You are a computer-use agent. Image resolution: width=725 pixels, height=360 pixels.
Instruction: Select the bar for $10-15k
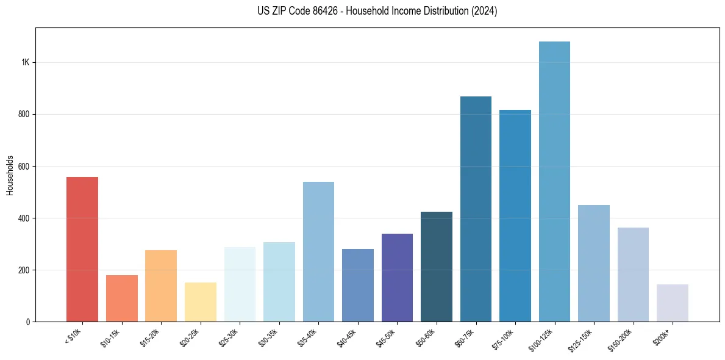(x=121, y=298)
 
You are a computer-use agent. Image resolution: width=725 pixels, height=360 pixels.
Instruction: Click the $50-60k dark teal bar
(x=436, y=267)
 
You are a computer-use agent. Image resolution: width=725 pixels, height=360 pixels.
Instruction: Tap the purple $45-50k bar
(x=397, y=278)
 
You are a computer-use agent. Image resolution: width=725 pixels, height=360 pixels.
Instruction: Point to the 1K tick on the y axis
(x=25, y=63)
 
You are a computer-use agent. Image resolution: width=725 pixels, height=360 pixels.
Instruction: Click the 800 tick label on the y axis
(x=23, y=115)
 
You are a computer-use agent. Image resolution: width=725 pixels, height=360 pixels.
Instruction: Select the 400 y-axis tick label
(x=23, y=218)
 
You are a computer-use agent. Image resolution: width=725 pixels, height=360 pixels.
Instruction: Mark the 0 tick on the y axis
(x=28, y=322)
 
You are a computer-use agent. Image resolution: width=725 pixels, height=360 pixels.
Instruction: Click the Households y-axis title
(x=10, y=175)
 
